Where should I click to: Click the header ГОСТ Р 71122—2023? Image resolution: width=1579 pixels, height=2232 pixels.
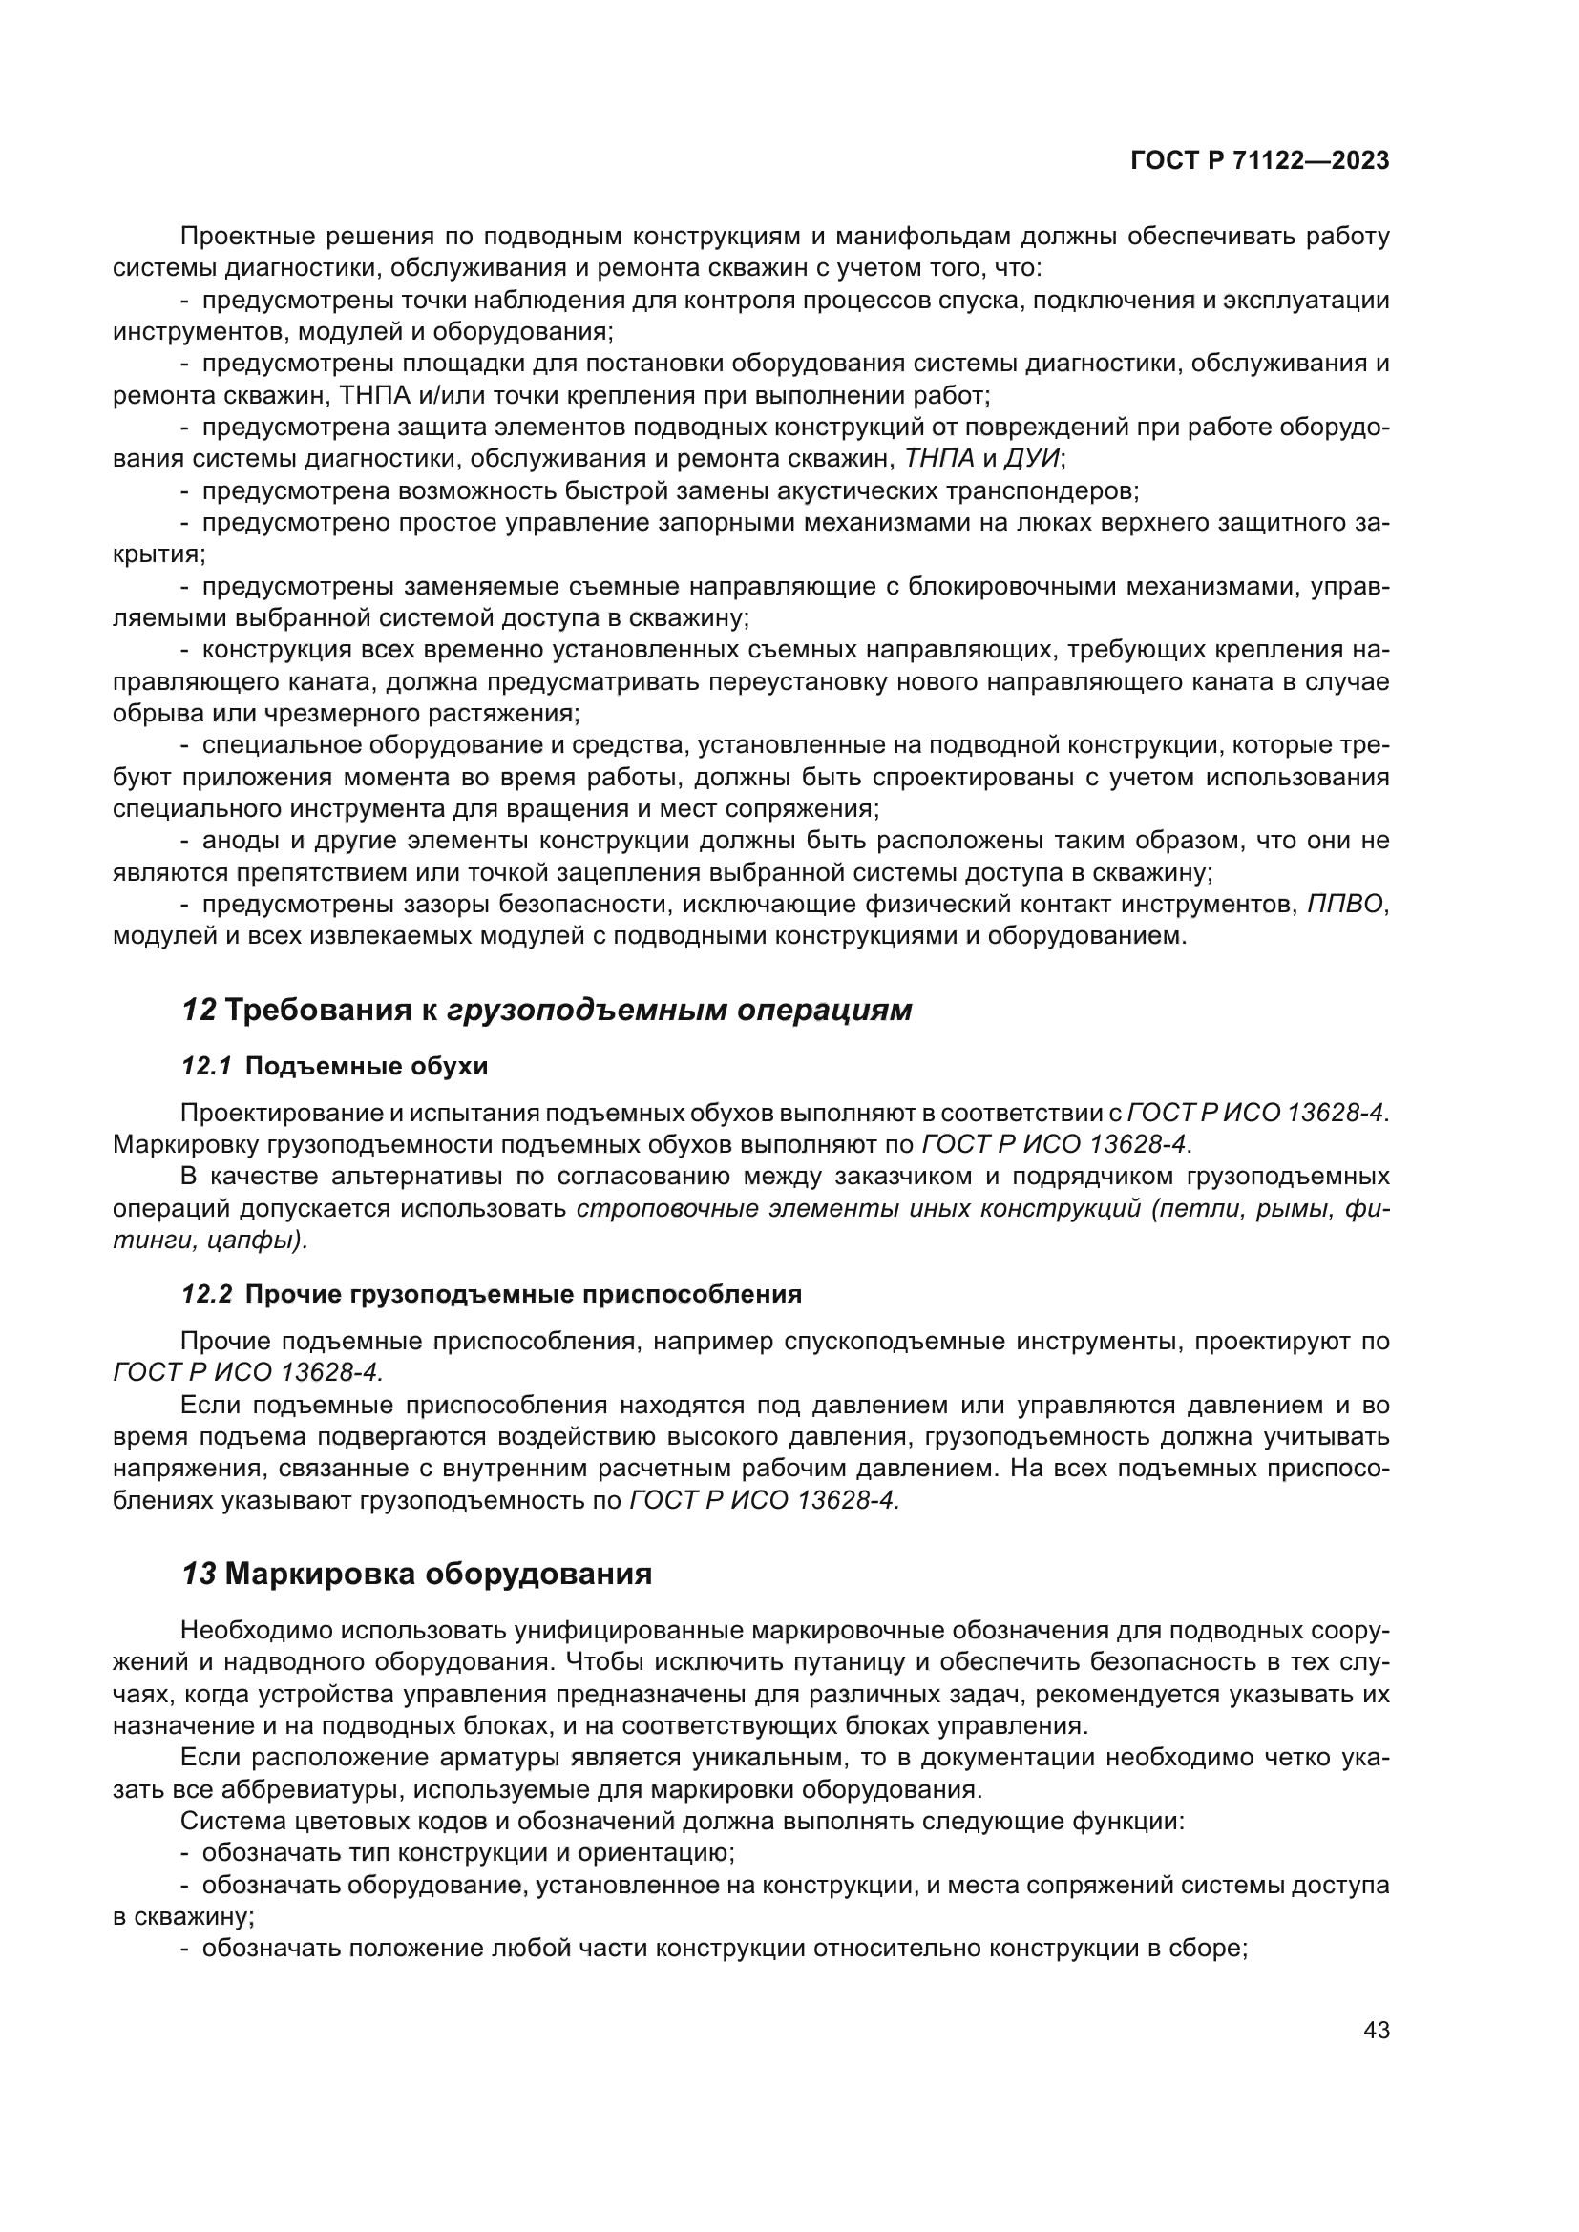click(1259, 161)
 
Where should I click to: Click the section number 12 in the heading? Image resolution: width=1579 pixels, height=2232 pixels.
click(199, 1010)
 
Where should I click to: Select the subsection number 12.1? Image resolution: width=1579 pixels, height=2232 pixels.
click(206, 1067)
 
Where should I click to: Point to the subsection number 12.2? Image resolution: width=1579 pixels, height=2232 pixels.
click(206, 1294)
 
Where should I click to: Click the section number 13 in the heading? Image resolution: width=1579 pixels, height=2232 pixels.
click(199, 1573)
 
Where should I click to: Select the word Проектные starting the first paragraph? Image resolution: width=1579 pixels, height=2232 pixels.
click(245, 237)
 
